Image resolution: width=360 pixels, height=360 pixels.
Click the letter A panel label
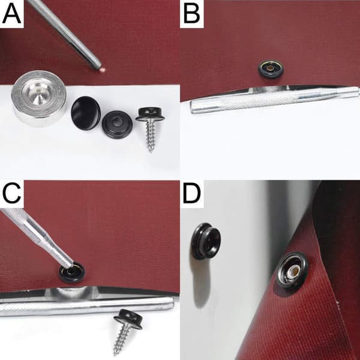(11, 14)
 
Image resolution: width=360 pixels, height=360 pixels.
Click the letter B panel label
(192, 14)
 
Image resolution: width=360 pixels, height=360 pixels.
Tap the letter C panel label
(11, 194)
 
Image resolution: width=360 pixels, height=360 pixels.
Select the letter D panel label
(191, 194)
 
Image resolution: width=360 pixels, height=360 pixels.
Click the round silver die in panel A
(39, 98)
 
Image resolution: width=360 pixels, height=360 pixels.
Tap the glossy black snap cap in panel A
(86, 113)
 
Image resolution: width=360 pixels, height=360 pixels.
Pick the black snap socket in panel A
(118, 124)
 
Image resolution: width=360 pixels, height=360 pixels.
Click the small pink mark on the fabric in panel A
(103, 69)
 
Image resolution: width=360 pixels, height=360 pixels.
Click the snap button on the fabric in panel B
(271, 68)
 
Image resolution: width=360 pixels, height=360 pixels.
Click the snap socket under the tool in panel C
(72, 272)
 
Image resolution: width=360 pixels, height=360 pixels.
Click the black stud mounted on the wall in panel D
(206, 241)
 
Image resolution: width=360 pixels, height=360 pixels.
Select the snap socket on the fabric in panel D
(292, 270)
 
